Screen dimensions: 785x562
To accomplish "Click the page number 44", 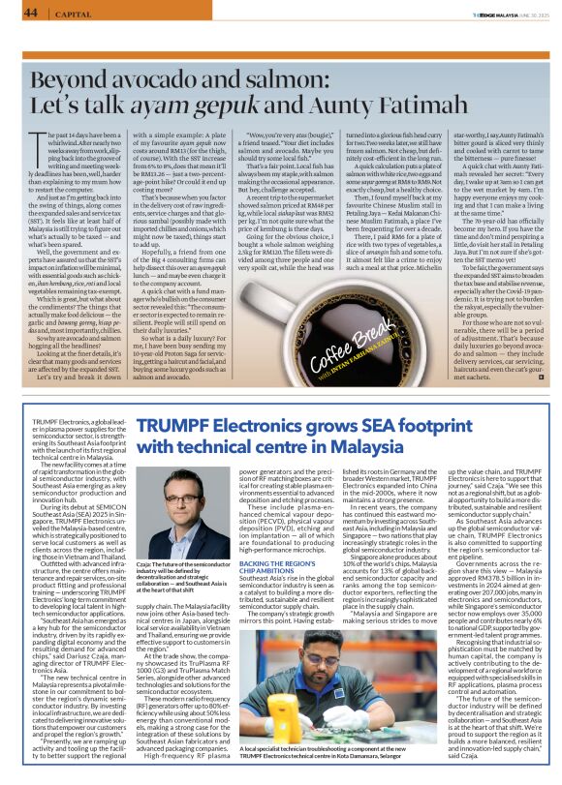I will tap(31, 13).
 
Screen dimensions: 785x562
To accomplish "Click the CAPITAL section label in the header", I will tap(71, 14).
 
